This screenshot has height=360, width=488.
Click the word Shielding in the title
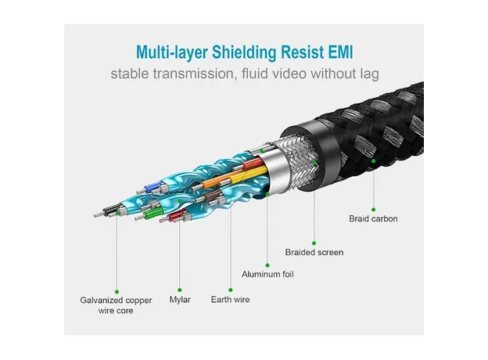[246, 52]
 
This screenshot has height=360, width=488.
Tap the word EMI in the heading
[340, 52]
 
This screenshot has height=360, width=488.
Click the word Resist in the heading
[302, 52]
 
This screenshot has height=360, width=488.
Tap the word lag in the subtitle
[369, 75]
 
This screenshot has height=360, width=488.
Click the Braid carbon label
[373, 218]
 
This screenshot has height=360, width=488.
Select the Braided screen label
[314, 252]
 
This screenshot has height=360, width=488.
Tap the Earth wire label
[231, 299]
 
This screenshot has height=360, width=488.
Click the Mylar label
[180, 299]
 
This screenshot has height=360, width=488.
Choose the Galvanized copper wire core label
[117, 305]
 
